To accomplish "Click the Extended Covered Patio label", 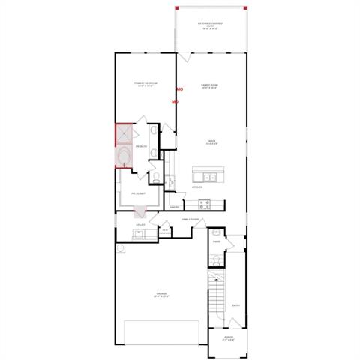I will click(211, 25).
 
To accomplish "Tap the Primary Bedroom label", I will click(144, 84).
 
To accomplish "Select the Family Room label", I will click(211, 85).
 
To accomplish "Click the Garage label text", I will click(160, 295).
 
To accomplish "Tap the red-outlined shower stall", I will click(123, 134).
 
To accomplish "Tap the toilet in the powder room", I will click(216, 260).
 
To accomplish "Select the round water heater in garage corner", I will click(120, 247).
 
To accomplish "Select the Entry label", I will click(235, 304).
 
